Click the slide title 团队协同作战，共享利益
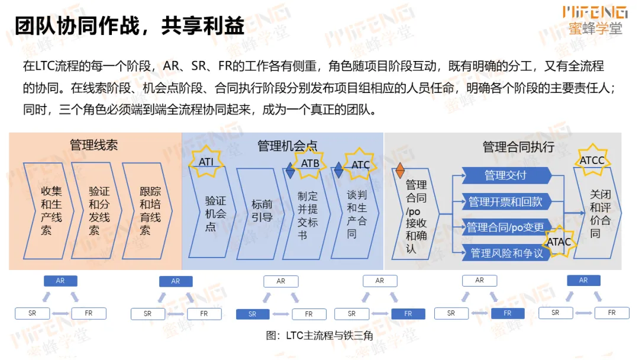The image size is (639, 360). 129,27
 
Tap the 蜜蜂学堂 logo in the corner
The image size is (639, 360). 595,20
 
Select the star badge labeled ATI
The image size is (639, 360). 206,161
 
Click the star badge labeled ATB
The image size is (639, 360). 310,163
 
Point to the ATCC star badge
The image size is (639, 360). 592,160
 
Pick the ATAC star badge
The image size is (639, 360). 559,241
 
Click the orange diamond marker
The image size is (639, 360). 400,171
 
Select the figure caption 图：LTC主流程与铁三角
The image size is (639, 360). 319,336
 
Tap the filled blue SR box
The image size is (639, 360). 253,314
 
